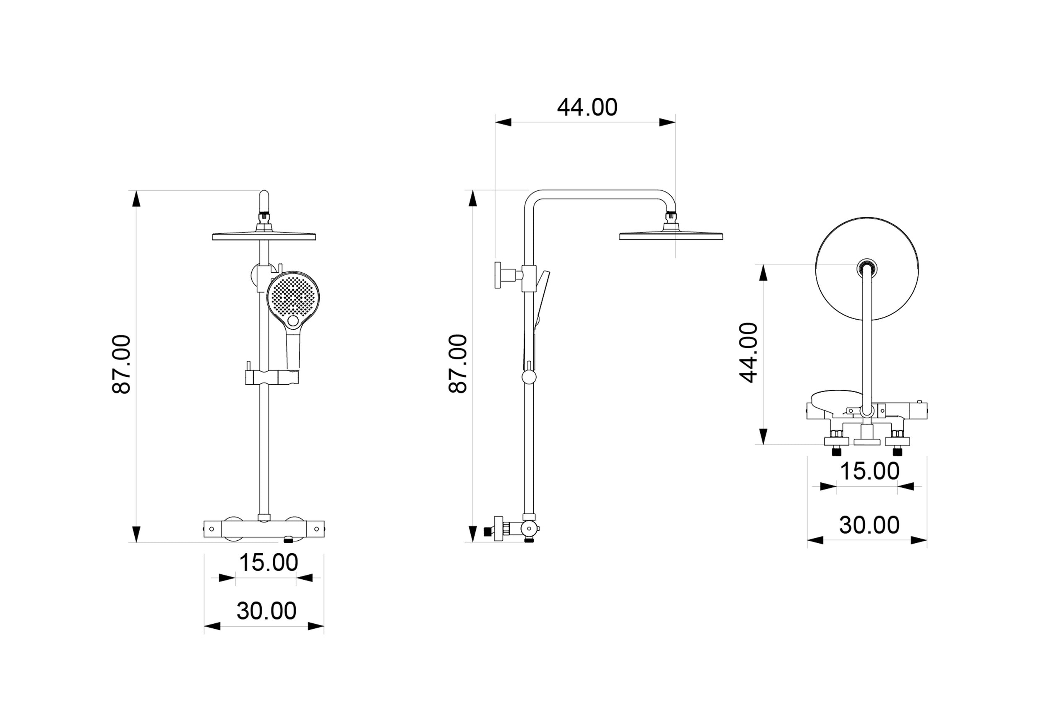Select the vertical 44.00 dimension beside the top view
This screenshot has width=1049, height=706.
(749, 352)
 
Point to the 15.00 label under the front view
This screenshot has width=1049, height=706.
(269, 563)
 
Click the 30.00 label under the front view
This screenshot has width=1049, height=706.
(266, 610)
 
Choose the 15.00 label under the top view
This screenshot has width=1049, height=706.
(869, 471)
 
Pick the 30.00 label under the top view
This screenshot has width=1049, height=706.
(869, 525)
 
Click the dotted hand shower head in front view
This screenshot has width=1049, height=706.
(293, 297)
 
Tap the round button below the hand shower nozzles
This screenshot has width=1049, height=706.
(293, 321)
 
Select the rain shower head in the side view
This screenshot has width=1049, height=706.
(671, 235)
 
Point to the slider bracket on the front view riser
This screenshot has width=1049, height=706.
(271, 377)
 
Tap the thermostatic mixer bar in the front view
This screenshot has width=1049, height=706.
(264, 529)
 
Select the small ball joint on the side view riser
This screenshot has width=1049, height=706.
(529, 377)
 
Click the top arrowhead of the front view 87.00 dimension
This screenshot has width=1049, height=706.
(136, 198)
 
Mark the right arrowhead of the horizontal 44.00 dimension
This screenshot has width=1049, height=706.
(668, 122)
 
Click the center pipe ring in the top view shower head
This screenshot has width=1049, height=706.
(866, 269)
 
